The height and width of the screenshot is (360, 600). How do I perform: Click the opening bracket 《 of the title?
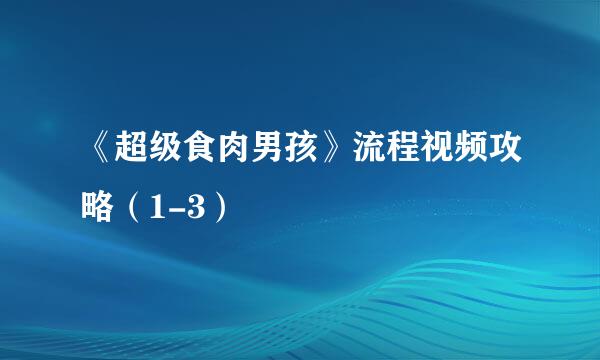click(101, 147)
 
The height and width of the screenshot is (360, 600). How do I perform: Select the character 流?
click(369, 147)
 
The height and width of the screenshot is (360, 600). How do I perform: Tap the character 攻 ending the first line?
click(505, 147)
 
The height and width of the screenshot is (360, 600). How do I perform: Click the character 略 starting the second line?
click(97, 207)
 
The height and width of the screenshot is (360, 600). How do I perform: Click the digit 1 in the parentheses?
click(158, 207)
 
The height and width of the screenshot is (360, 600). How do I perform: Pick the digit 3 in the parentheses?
click(194, 207)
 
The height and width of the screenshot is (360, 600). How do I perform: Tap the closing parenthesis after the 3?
click(220, 207)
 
